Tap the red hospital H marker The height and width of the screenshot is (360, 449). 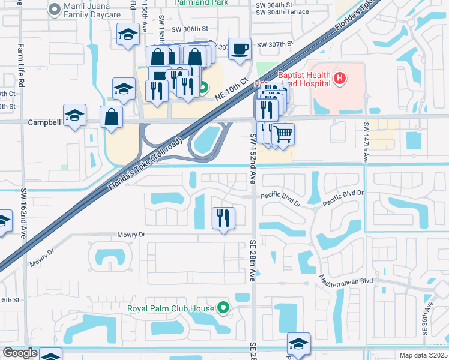click(x=340, y=77)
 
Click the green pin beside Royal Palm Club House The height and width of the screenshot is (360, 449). click(x=224, y=308)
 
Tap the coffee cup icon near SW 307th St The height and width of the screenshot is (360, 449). click(x=240, y=49)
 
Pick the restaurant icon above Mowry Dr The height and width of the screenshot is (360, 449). click(x=223, y=217)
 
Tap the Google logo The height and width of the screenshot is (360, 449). click(x=20, y=353)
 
